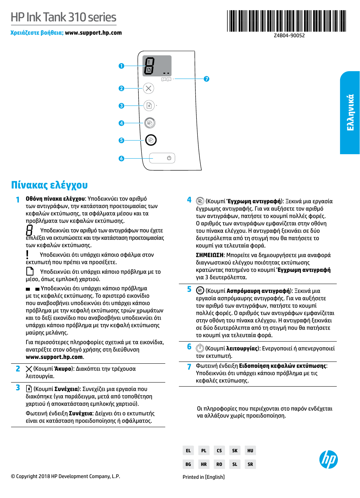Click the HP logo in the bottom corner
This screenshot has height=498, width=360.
click(328, 460)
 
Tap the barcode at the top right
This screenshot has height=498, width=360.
click(287, 21)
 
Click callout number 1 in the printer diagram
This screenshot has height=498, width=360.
click(121, 66)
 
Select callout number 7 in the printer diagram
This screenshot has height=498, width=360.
click(207, 79)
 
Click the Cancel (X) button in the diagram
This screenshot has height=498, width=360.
click(148, 88)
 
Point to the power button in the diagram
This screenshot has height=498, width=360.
click(169, 158)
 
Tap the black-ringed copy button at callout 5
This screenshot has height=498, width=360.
click(151, 140)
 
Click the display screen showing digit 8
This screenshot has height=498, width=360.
click(157, 66)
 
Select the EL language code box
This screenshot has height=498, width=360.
click(188, 450)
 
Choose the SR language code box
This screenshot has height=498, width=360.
click(250, 464)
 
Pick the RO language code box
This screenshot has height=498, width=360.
click(219, 464)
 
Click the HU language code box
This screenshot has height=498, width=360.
click(250, 450)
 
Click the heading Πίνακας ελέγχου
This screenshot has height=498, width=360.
click(49, 185)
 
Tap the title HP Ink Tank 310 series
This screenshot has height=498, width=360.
click(63, 17)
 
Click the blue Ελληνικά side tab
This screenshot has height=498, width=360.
click(350, 113)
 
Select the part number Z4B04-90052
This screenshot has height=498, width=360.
click(289, 36)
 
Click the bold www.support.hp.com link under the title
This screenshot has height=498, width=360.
click(93, 33)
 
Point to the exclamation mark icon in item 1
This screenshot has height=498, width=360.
click(27, 255)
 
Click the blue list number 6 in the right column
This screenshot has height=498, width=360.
click(189, 347)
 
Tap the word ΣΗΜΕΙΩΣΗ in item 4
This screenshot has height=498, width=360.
click(210, 255)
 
